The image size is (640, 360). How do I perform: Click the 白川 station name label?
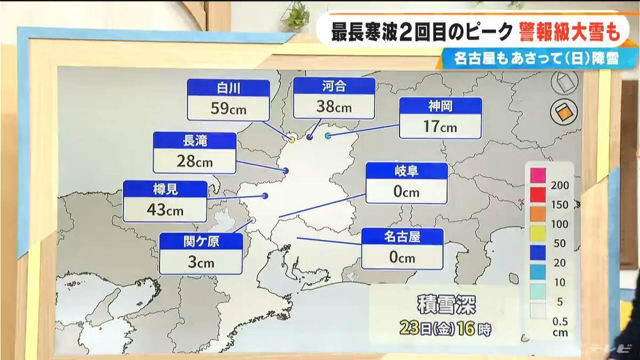pyautogui.click(x=228, y=88)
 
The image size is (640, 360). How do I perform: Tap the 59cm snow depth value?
pyautogui.click(x=228, y=109)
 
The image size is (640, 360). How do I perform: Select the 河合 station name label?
pyautogui.click(x=334, y=85)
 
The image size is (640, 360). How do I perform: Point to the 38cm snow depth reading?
pyautogui.click(x=334, y=106)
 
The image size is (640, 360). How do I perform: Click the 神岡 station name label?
pyautogui.click(x=441, y=106)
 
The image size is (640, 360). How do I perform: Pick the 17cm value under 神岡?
pyautogui.click(x=441, y=127)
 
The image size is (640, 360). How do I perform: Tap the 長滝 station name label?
pyautogui.click(x=195, y=141)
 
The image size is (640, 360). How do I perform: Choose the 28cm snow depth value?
pyautogui.click(x=195, y=162)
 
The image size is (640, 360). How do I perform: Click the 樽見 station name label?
pyautogui.click(x=165, y=189)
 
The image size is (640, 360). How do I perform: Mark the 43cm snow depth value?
pyautogui.click(x=165, y=210)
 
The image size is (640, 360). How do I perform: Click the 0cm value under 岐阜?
pyautogui.click(x=406, y=192)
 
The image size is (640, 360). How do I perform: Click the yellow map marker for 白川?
pyautogui.click(x=292, y=139)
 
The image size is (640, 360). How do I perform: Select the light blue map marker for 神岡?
pyautogui.click(x=328, y=136)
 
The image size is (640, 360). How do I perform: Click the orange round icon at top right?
pyautogui.click(x=564, y=112)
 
